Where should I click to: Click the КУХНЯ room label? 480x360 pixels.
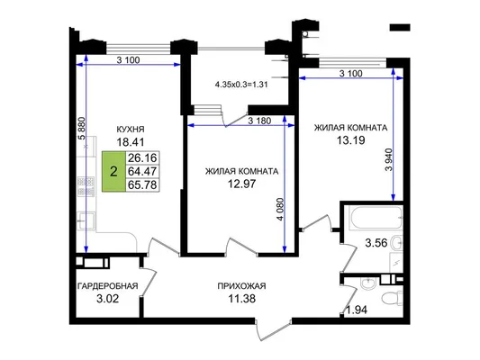pyautogui.click(x=131, y=130)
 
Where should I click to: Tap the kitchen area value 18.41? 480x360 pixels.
pyautogui.click(x=131, y=142)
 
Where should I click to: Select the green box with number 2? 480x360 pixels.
pyautogui.click(x=113, y=172)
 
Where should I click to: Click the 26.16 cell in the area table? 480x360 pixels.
pyautogui.click(x=142, y=157)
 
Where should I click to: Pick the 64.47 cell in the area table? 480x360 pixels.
pyautogui.click(x=142, y=171)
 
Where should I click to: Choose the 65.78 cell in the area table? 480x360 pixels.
pyautogui.click(x=142, y=184)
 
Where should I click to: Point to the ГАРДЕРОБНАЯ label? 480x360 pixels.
pyautogui.click(x=108, y=286)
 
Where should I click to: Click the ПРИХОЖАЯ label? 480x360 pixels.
pyautogui.click(x=242, y=286)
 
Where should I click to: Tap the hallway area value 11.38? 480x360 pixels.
pyautogui.click(x=242, y=298)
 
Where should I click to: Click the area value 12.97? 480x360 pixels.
pyautogui.click(x=242, y=184)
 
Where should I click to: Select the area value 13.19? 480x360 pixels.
pyautogui.click(x=351, y=140)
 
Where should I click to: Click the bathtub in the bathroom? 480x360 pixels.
pyautogui.click(x=376, y=218)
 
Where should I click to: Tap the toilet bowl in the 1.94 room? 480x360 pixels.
pyautogui.click(x=393, y=298)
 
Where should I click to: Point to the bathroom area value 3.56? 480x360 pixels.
pyautogui.click(x=376, y=243)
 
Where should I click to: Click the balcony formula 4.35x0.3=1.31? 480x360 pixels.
pyautogui.click(x=242, y=85)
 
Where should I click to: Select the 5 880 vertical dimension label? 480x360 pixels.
pyautogui.click(x=81, y=129)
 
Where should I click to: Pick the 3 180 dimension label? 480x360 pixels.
pyautogui.click(x=259, y=121)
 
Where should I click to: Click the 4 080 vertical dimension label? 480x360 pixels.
pyautogui.click(x=280, y=210)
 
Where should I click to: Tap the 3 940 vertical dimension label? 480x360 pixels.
pyautogui.click(x=389, y=160)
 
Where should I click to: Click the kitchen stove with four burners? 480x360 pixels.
pyautogui.click(x=86, y=186)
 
